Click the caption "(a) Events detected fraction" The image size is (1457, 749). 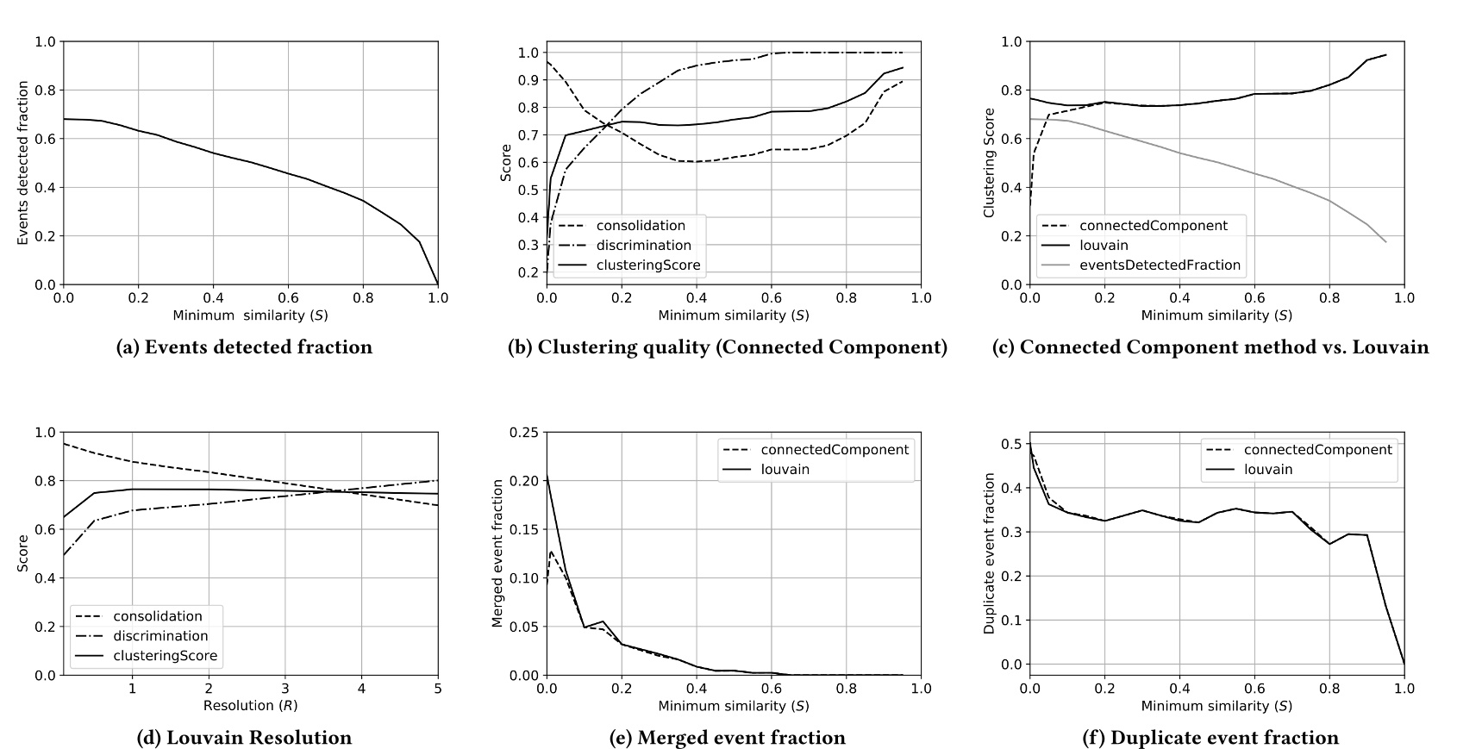pyautogui.click(x=245, y=347)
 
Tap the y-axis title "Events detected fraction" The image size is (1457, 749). pyautogui.click(x=23, y=163)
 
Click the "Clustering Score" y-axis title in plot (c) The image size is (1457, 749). pyautogui.click(x=990, y=163)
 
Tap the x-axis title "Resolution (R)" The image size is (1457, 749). pyautogui.click(x=250, y=705)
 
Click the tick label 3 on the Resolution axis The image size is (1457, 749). pyautogui.click(x=285, y=689)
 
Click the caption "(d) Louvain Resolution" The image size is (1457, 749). pyautogui.click(x=245, y=738)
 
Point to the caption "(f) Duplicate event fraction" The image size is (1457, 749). pyautogui.click(x=1210, y=738)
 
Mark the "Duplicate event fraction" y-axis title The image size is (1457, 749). pyautogui.click(x=990, y=553)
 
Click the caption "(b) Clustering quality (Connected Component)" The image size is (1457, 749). pyautogui.click(x=728, y=347)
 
